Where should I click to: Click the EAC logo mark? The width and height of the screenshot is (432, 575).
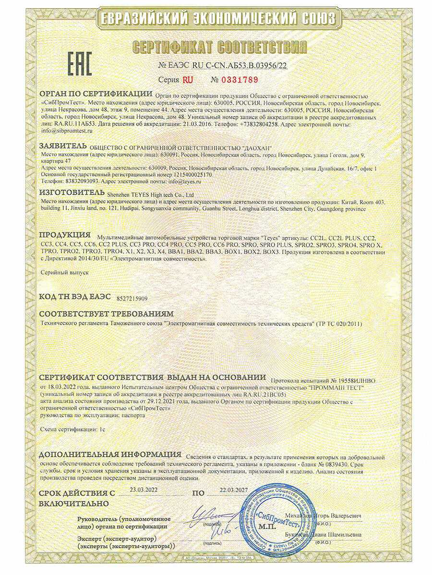[x=79, y=63]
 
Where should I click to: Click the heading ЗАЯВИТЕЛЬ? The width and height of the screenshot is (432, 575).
[x=62, y=146]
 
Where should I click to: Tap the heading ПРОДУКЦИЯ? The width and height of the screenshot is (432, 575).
[x=64, y=235]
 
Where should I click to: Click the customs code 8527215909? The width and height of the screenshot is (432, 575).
[x=132, y=298]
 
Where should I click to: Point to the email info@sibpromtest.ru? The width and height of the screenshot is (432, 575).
[x=66, y=130]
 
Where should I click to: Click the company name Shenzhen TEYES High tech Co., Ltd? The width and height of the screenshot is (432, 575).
[x=149, y=195]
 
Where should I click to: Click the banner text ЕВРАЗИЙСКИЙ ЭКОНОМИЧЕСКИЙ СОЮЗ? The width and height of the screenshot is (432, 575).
[x=216, y=19]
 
